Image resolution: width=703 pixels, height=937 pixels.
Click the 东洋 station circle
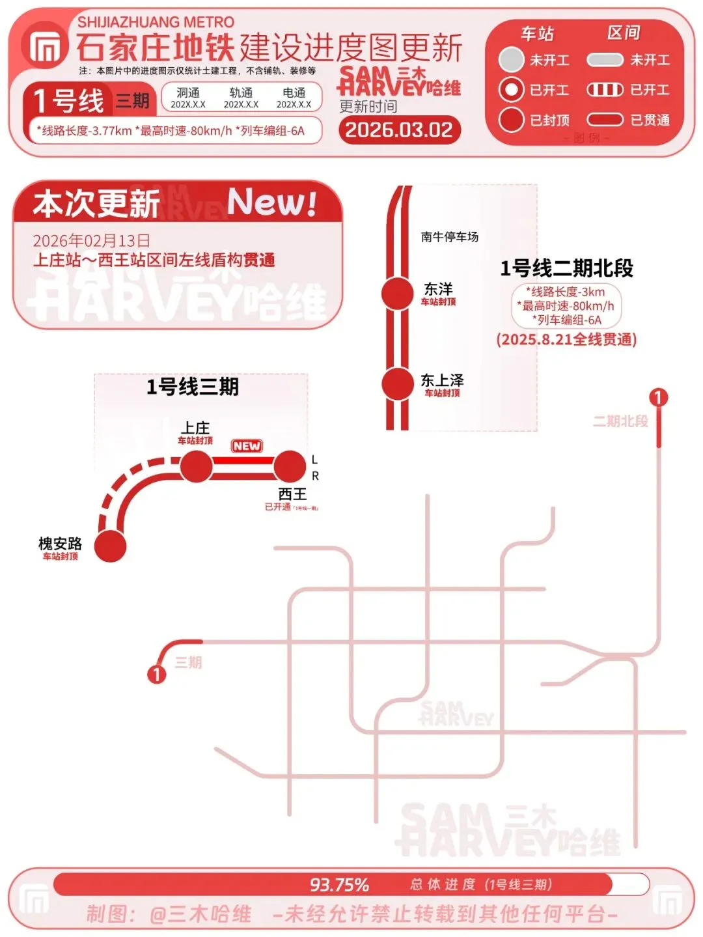397,294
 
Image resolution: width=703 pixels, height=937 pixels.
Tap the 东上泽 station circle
397,384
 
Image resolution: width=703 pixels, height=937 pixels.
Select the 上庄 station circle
195,466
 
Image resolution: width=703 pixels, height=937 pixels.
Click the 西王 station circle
290,466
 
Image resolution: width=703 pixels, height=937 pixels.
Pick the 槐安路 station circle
110,546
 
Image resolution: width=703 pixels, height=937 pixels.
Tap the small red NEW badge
247,446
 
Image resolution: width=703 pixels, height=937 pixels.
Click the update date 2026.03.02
399,130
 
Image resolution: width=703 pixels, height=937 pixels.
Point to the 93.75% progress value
339,885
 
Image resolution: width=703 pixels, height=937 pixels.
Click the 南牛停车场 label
449,237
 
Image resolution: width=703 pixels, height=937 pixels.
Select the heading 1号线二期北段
566,268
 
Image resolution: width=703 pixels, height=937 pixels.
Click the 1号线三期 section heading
192,387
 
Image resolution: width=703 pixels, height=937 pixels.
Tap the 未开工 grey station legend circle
511,60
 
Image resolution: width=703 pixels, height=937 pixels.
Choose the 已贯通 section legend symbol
605,120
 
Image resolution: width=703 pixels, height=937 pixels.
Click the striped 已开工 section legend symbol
605,90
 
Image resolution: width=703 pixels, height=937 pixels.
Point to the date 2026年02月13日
91,240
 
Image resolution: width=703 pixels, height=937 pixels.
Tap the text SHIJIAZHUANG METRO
156,22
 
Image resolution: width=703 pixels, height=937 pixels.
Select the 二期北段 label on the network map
620,421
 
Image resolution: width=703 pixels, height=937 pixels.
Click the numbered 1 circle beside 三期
156,673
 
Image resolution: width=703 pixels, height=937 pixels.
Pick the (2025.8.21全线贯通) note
566,339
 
